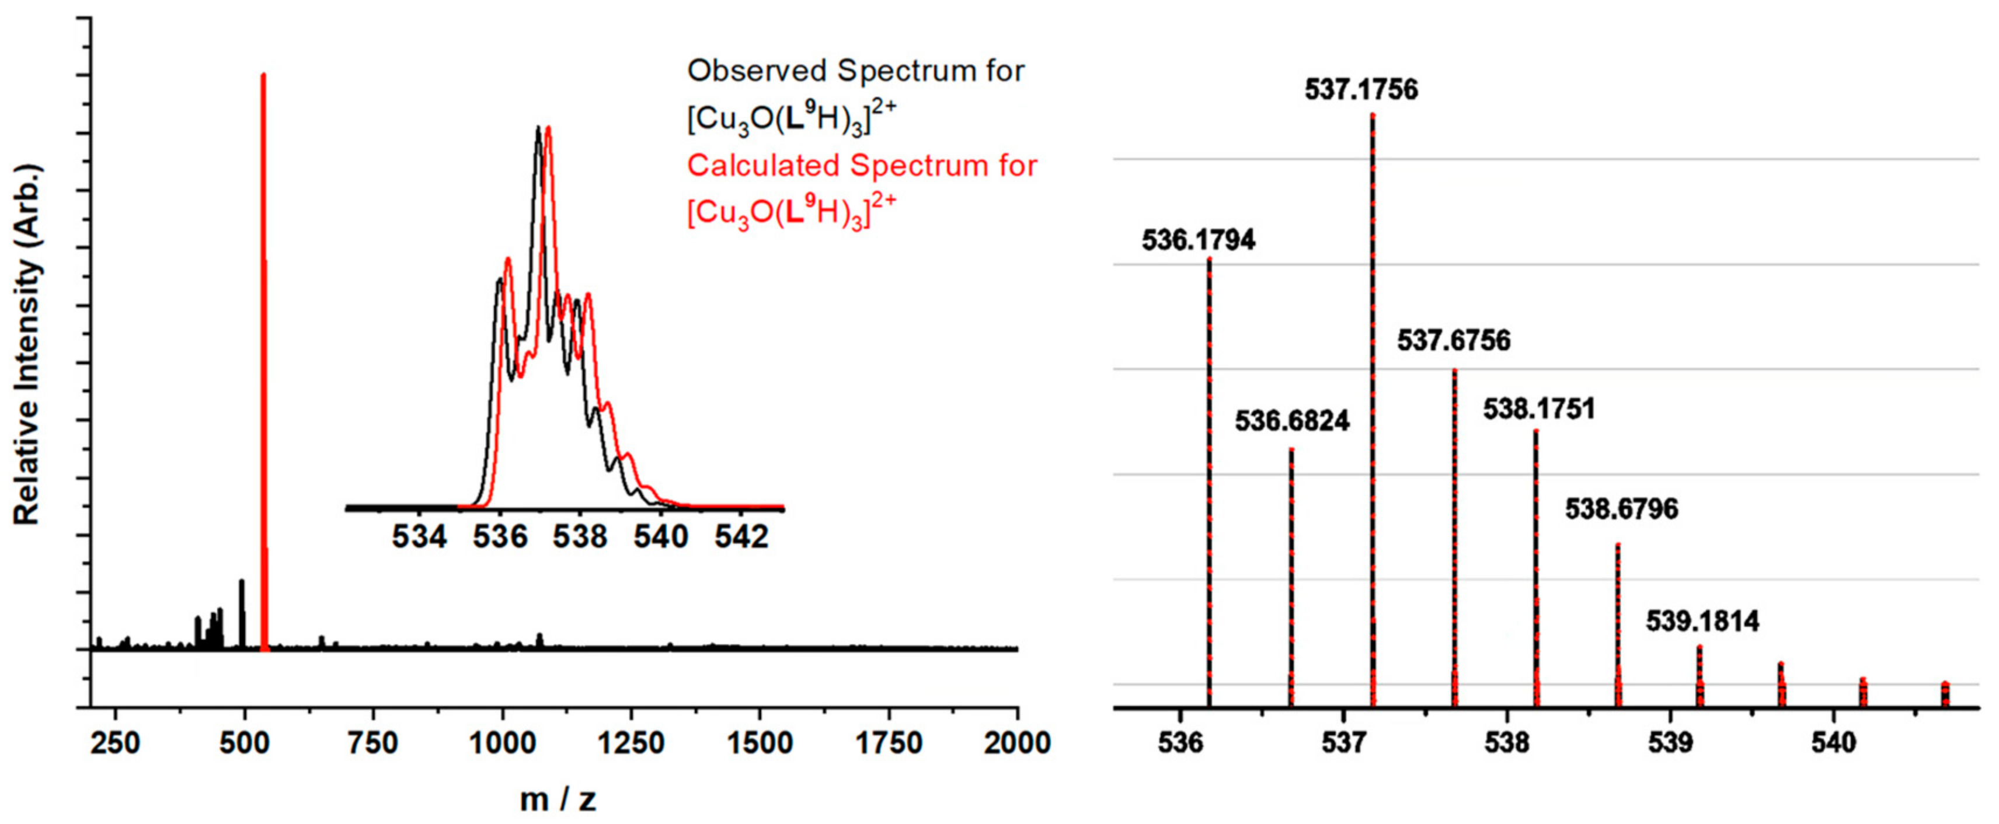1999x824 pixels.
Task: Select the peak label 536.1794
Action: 1198,240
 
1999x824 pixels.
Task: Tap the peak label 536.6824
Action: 1292,421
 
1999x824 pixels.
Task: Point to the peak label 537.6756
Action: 1454,341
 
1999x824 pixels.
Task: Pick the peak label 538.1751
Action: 1539,410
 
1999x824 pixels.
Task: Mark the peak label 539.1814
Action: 1702,622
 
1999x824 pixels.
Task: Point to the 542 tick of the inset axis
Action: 741,537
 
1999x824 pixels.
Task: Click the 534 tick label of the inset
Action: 419,537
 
